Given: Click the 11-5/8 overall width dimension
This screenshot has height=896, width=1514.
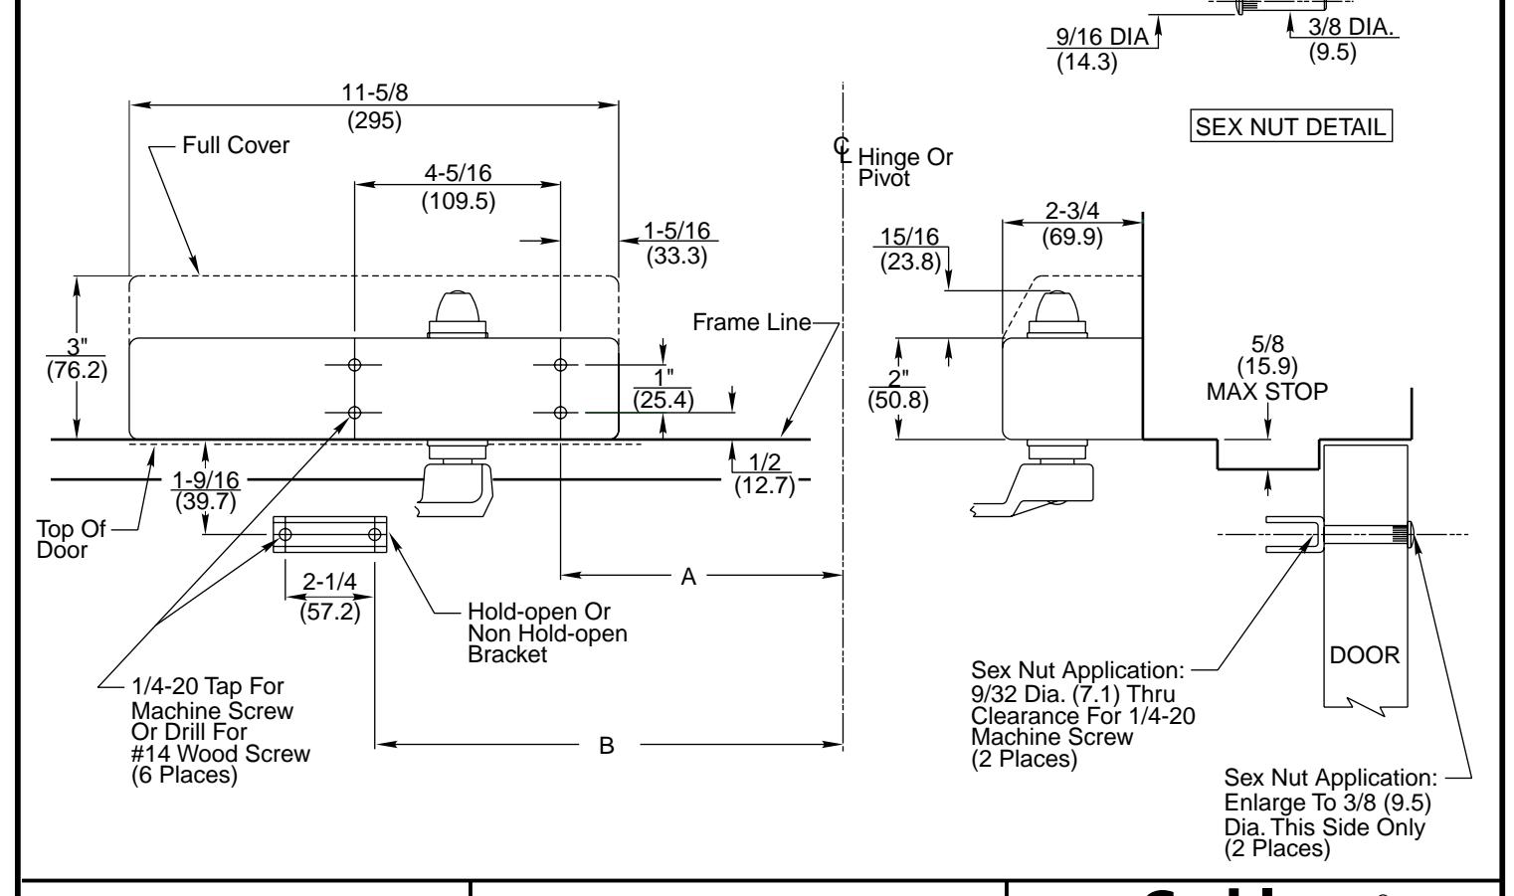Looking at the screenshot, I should point(374,92).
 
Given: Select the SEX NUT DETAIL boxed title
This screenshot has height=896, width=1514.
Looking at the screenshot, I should point(1290,127).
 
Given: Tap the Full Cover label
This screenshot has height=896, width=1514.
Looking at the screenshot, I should point(236,146).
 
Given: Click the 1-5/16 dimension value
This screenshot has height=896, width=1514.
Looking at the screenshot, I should point(676,231).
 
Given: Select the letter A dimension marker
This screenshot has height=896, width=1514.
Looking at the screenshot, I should point(688,576).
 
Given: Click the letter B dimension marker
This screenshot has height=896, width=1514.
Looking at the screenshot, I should point(607,745).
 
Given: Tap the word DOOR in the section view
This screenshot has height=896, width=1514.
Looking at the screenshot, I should point(1365,656).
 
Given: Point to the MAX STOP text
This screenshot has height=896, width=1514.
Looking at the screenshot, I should point(1266,392).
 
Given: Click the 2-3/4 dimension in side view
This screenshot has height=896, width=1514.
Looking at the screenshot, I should point(1071,211).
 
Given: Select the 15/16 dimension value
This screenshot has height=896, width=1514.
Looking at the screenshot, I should point(910,240).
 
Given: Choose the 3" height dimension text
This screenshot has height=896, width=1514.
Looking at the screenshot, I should point(77,345).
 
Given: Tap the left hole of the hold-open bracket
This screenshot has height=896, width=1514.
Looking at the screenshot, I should point(286,535).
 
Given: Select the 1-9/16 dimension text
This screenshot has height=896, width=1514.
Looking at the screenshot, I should point(205,478).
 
